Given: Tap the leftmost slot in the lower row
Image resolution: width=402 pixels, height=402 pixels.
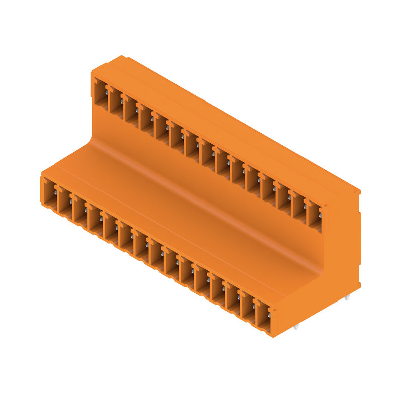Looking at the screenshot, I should [49, 193].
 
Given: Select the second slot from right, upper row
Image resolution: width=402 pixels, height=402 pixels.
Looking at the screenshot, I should [298, 208].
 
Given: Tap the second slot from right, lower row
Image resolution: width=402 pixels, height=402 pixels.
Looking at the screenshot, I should [248, 308].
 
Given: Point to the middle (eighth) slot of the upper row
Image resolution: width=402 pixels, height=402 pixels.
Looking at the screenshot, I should [207, 155].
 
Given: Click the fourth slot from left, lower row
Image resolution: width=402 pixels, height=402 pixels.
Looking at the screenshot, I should [95, 220].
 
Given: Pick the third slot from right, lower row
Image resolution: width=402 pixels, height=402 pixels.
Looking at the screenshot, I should [233, 299].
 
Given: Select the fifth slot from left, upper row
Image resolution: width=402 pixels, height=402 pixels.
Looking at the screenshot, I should [161, 129].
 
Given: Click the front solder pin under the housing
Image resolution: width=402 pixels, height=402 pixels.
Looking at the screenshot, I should [296, 327].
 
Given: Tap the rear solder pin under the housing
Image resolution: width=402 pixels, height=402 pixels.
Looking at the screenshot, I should [347, 298].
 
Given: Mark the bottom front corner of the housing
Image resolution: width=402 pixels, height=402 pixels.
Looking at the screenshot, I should [273, 336].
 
